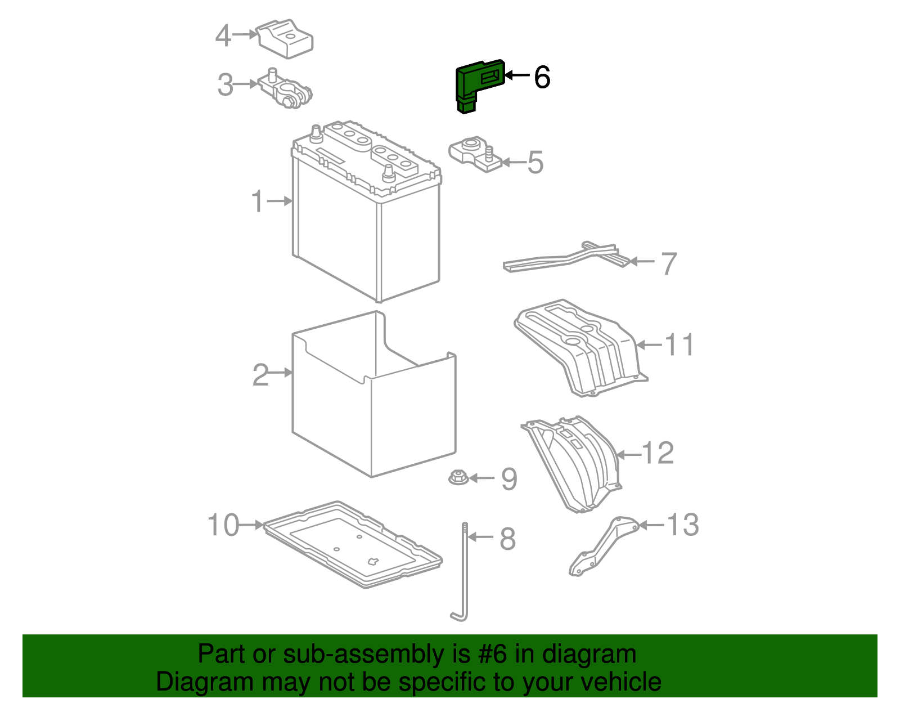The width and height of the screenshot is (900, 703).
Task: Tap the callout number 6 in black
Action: pos(542,77)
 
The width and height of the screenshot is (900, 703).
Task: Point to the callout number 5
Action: pos(535,163)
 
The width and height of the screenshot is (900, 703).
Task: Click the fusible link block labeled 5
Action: pos(475,153)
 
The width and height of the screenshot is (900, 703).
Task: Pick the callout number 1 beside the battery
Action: pos(258,202)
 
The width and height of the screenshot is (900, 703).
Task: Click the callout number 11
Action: pos(679,344)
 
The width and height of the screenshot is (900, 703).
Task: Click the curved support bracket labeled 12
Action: pos(574,462)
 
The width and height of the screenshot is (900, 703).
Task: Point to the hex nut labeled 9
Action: pos(457,478)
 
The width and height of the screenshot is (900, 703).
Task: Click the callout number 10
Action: pos(223,525)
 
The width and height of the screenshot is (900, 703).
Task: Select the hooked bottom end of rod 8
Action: pos(458,616)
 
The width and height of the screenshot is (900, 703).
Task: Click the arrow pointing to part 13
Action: pos(651,525)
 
